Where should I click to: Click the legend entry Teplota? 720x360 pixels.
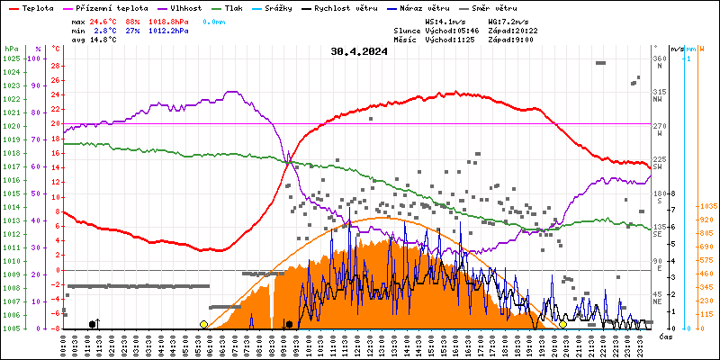[37, 7]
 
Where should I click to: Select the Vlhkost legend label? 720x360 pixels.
[186, 7]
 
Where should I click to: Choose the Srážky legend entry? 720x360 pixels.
[288, 7]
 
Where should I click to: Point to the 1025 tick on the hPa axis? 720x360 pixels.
[11, 58]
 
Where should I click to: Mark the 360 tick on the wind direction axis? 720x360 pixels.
[660, 58]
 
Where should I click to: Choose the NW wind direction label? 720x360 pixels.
[658, 99]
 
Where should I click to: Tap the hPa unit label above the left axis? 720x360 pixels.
[11, 48]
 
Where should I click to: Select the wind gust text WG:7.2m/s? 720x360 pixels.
[508, 21]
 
